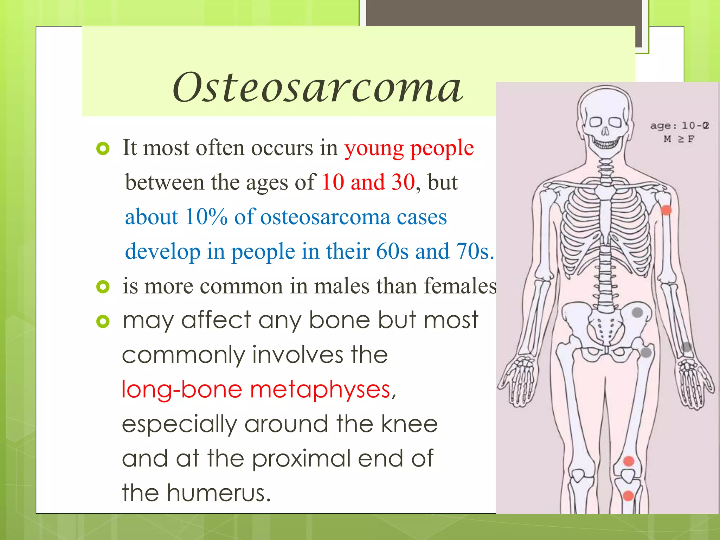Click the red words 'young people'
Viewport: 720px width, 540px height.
click(409, 148)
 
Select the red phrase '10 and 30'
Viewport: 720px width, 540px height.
click(368, 182)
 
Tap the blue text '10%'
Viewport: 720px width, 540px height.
click(206, 217)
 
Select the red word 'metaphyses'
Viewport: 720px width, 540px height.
click(320, 390)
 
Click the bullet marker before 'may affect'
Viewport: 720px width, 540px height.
click(103, 321)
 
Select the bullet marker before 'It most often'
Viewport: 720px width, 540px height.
click(103, 149)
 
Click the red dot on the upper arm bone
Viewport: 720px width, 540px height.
click(666, 210)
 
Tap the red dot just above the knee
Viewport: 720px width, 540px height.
click(629, 461)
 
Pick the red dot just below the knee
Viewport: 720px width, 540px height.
click(628, 496)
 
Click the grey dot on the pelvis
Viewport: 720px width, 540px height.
click(637, 312)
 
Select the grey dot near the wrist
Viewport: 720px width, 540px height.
click(687, 347)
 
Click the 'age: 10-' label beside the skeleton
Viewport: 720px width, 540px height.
click(679, 126)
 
